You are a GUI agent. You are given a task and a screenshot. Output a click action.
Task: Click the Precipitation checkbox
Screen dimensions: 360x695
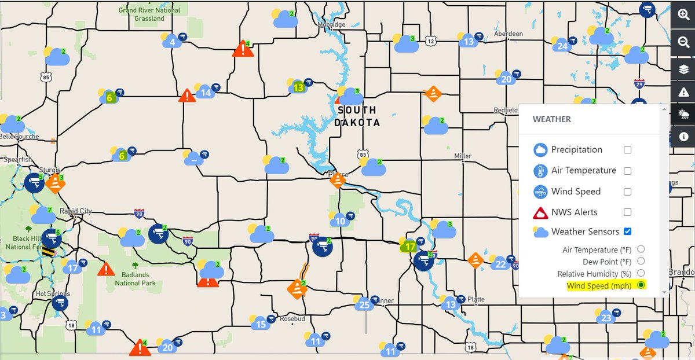(627, 150)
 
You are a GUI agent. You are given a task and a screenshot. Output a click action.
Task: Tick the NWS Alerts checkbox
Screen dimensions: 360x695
(627, 212)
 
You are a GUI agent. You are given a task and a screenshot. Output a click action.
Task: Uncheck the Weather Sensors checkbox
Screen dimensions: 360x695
(627, 232)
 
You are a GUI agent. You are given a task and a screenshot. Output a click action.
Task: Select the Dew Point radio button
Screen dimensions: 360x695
(641, 261)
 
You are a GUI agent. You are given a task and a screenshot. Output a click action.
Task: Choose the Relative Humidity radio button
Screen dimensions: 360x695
(641, 273)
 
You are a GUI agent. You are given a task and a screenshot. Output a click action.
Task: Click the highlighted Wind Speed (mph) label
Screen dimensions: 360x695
(596, 285)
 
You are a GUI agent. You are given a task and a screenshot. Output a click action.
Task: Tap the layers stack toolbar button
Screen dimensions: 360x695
(683, 69)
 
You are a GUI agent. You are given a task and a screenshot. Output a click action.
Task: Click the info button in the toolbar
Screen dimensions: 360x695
(683, 137)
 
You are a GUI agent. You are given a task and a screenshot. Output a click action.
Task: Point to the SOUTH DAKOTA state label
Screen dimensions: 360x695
(357, 116)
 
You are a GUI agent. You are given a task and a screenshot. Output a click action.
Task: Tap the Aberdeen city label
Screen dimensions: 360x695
(509, 34)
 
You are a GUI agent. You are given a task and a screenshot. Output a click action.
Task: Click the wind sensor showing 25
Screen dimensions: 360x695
(364, 304)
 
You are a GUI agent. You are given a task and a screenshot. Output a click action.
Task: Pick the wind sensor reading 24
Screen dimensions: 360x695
(561, 46)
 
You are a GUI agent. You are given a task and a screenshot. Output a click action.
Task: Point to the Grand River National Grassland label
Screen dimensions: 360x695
(149, 14)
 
